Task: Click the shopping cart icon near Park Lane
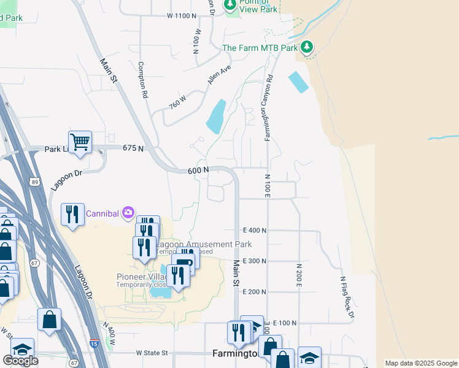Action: [80, 142]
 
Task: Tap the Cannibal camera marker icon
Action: [128, 213]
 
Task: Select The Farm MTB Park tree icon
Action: [307, 47]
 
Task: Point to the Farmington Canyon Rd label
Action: [268, 109]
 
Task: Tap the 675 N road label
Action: [133, 148]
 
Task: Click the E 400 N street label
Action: [255, 230]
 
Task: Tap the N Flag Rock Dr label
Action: [347, 297]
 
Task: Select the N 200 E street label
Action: [299, 275]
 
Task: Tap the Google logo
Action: [20, 361]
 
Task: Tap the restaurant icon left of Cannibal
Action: [72, 214]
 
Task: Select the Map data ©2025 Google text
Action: [421, 363]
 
